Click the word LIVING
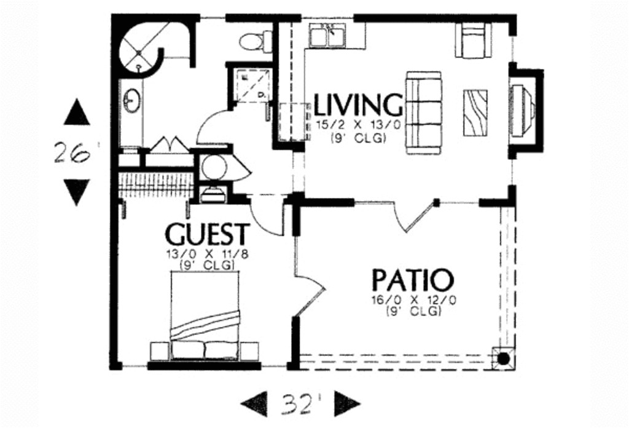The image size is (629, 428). [x=358, y=105]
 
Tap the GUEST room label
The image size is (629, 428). [x=208, y=235]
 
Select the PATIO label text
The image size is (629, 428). [x=413, y=280]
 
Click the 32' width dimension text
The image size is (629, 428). [x=301, y=403]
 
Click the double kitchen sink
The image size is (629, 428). [x=327, y=36]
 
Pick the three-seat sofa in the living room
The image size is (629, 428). [x=424, y=113]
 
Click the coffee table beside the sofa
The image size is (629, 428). [x=475, y=113]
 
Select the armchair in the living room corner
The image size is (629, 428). [x=473, y=41]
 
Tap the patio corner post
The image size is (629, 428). [x=503, y=359]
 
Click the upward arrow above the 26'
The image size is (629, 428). [x=77, y=113]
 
